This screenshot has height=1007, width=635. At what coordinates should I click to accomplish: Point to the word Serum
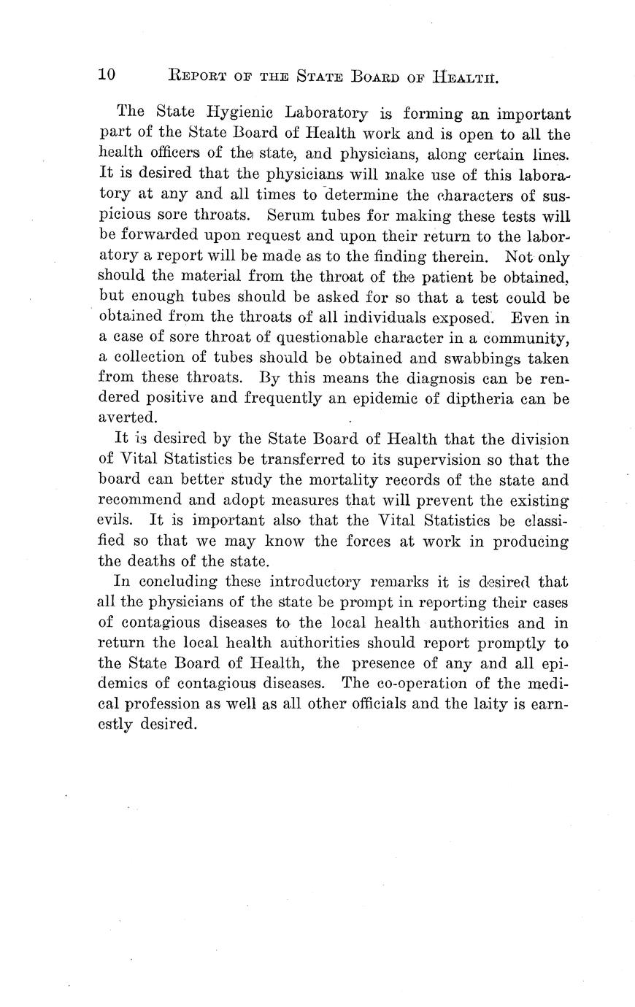click(293, 216)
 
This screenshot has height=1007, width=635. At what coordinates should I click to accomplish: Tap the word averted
click(127, 419)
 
